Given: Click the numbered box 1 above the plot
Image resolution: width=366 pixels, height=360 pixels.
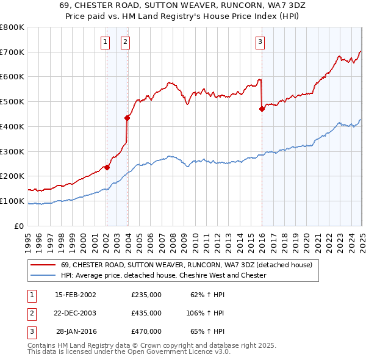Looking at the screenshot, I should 106,42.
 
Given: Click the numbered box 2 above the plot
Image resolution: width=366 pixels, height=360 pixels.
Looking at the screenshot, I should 124,42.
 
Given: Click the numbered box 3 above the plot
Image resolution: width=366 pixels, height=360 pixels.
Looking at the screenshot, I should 260,42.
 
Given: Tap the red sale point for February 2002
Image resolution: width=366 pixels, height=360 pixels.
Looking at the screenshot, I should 107,167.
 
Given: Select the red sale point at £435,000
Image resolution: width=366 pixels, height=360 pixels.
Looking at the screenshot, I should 127,118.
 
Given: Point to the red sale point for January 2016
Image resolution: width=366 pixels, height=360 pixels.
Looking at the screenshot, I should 262,109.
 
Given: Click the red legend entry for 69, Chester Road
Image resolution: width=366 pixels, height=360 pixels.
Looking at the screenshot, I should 187,265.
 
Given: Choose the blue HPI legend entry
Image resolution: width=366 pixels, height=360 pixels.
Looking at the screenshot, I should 163,276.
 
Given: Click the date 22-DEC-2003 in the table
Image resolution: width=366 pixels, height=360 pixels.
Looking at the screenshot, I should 76,313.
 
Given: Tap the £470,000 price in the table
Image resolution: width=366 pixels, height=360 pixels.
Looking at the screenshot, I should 146,331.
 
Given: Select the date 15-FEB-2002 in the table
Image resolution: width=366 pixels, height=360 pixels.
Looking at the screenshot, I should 76,295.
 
